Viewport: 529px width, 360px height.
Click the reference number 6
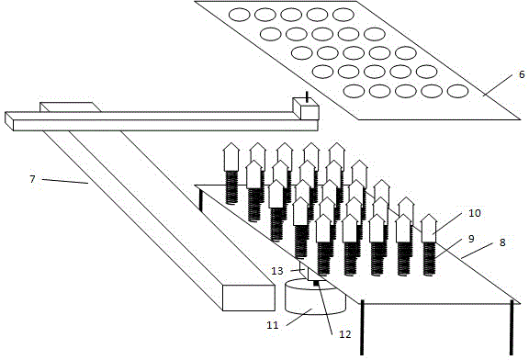(522, 74)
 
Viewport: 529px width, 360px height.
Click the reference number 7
(32, 179)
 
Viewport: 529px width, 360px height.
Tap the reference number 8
(502, 242)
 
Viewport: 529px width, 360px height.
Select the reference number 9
(471, 239)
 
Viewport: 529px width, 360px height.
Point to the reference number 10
(474, 213)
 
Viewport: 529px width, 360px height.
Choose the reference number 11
(273, 325)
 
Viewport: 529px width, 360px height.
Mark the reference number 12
(345, 334)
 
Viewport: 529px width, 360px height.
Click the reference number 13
(277, 271)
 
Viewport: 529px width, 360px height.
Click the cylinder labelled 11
(315, 297)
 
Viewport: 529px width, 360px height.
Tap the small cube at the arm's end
(306, 108)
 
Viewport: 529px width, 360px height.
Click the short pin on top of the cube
(307, 96)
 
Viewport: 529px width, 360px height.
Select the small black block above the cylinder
(316, 283)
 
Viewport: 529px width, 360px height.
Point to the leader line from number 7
(65, 181)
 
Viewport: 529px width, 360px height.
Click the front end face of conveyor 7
(249, 298)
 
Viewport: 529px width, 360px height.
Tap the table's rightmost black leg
(512, 328)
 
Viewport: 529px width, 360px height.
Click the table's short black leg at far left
(201, 200)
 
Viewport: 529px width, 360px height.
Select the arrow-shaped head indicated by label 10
(429, 229)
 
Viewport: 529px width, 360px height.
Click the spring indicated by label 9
(429, 259)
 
